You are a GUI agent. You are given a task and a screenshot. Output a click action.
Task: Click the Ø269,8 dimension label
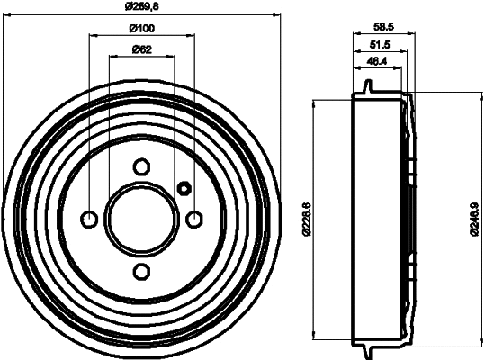(142, 6)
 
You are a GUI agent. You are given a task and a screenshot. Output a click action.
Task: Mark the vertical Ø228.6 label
(307, 219)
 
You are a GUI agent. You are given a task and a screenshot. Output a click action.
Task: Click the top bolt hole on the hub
(141, 166)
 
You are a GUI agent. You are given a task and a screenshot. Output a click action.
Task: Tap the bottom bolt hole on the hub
(141, 271)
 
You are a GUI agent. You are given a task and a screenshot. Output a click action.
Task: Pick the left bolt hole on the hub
(89, 219)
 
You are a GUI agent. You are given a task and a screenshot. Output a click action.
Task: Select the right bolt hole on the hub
(194, 219)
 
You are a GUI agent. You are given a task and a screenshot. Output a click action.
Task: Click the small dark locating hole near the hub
(184, 188)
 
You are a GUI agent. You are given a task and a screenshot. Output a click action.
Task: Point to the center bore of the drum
(141, 219)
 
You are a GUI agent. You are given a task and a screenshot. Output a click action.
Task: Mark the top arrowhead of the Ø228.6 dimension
(314, 102)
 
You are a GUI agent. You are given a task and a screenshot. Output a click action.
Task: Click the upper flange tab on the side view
(368, 85)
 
